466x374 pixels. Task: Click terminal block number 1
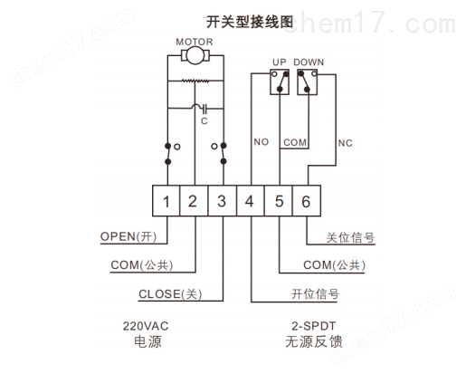[x=166, y=201]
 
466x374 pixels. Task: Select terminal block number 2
[x=194, y=201]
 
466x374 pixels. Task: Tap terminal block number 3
[x=223, y=201]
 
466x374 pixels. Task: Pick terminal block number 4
[x=251, y=201]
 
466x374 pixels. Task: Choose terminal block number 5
[x=279, y=201]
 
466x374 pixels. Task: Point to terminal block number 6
[x=307, y=201]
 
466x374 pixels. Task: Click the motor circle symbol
[x=195, y=55]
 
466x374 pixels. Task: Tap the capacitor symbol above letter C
[x=204, y=108]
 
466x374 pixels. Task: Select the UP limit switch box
[x=280, y=82]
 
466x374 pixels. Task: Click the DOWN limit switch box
[x=307, y=82]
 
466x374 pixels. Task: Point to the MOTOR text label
[x=195, y=42]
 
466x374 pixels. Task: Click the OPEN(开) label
[x=128, y=236]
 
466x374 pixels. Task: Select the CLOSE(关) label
[x=170, y=294]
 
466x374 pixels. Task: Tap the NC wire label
[x=345, y=143]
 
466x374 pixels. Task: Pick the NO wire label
[x=261, y=142]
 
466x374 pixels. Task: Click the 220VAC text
[x=146, y=326]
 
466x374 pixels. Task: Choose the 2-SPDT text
[x=313, y=326]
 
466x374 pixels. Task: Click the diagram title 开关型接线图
[x=250, y=22]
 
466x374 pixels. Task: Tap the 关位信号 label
[x=350, y=238]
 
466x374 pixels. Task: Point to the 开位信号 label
[x=315, y=294]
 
